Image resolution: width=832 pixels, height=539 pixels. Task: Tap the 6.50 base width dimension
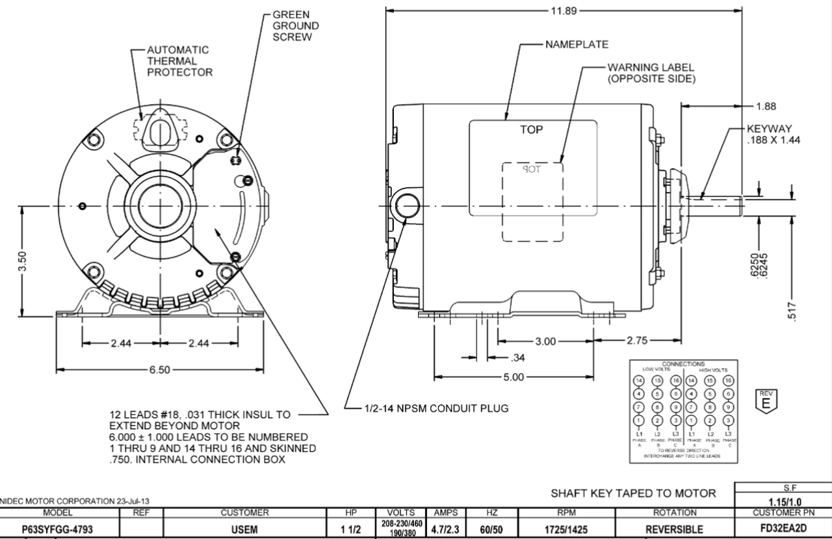(x=159, y=370)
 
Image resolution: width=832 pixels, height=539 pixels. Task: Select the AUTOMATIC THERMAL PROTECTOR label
(x=179, y=60)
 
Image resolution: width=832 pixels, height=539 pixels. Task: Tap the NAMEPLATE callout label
(x=577, y=45)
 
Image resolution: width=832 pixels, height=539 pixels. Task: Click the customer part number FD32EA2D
(x=783, y=529)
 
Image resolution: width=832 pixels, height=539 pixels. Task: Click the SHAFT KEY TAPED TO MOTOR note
(x=634, y=493)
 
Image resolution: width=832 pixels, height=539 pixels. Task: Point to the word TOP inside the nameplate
(x=531, y=129)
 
